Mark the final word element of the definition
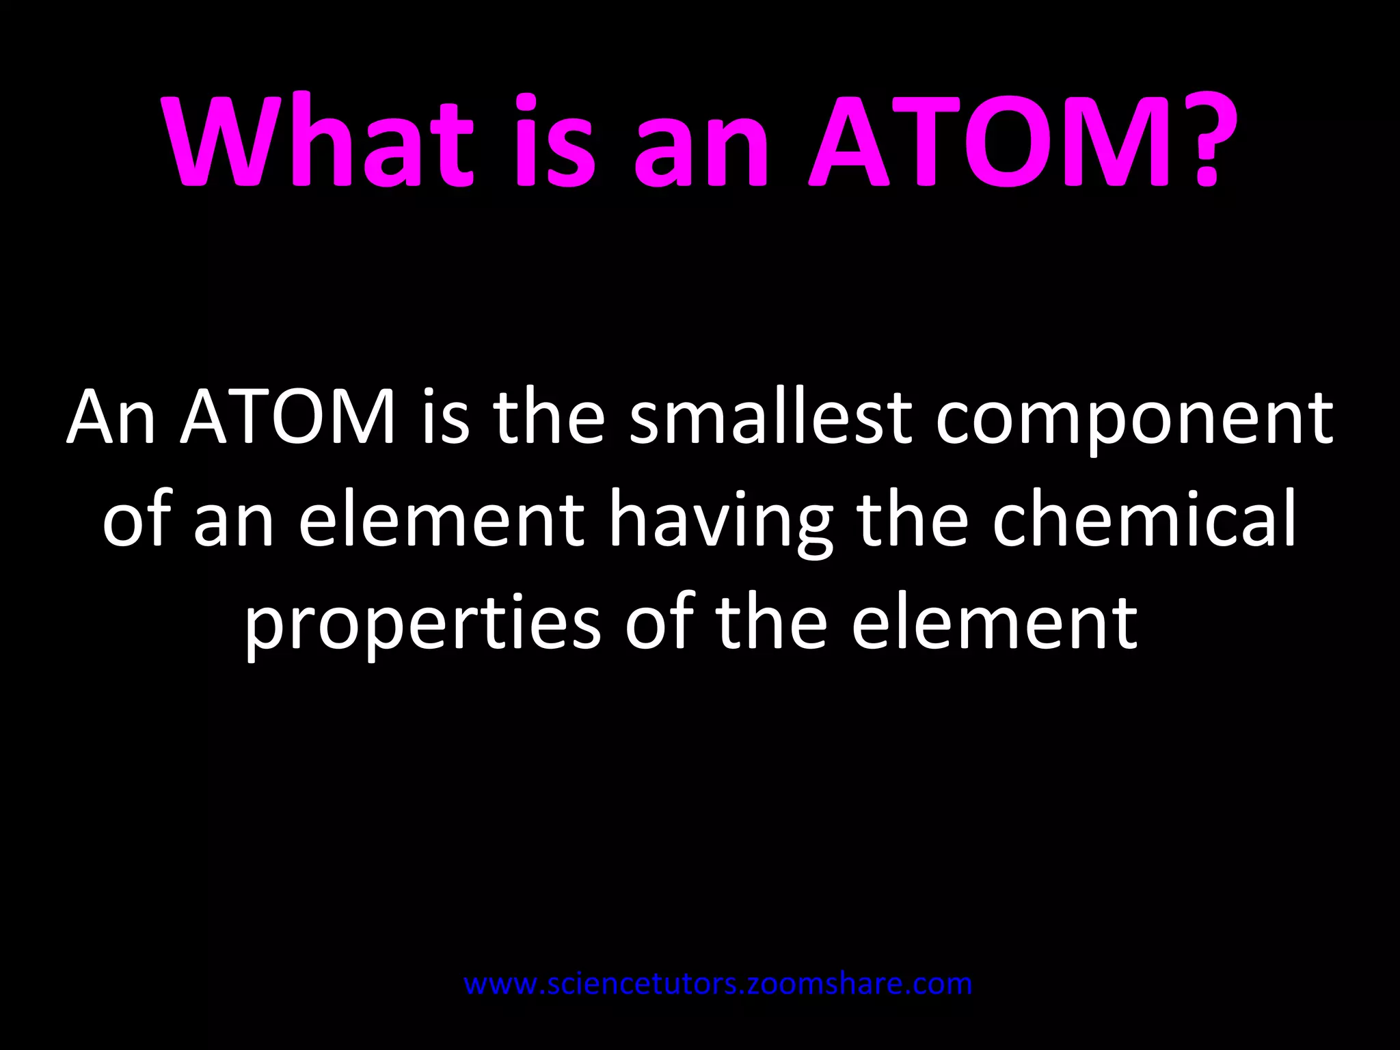(994, 622)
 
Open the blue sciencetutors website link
(718, 984)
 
